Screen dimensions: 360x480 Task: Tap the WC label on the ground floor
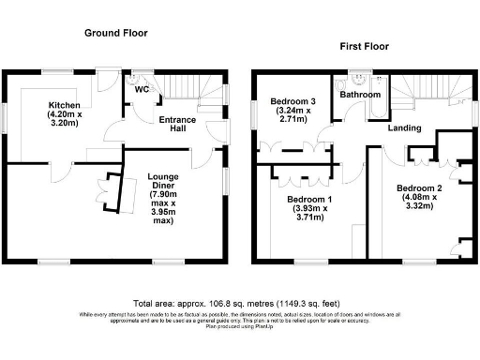click(x=142, y=90)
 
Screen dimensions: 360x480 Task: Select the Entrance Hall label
click(x=177, y=126)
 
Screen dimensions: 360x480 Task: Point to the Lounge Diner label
click(x=169, y=175)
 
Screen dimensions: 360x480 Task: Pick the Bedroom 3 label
click(x=293, y=101)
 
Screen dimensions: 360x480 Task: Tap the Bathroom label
click(x=360, y=95)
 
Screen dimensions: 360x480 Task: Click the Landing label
click(x=404, y=128)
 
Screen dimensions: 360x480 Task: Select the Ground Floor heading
click(x=116, y=33)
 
